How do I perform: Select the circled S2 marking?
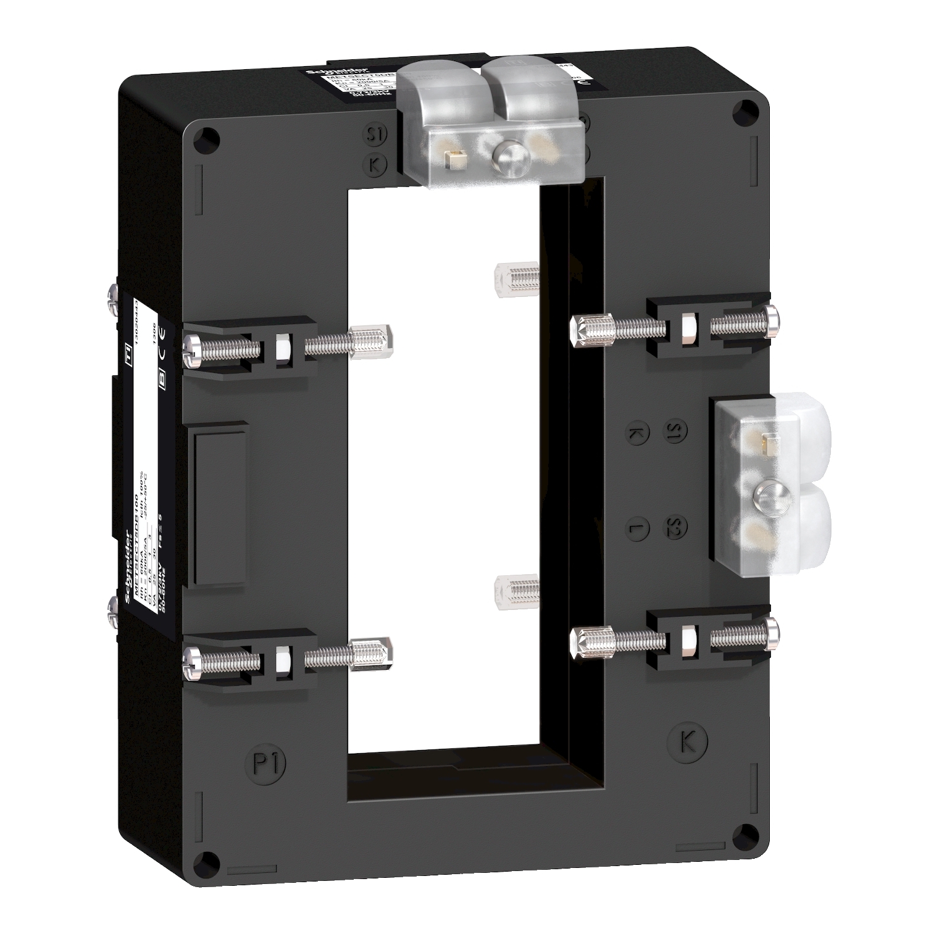tap(675, 527)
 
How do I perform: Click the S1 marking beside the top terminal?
tap(374, 135)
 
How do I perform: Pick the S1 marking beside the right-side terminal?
tap(674, 431)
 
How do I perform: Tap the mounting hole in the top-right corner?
tap(741, 111)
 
